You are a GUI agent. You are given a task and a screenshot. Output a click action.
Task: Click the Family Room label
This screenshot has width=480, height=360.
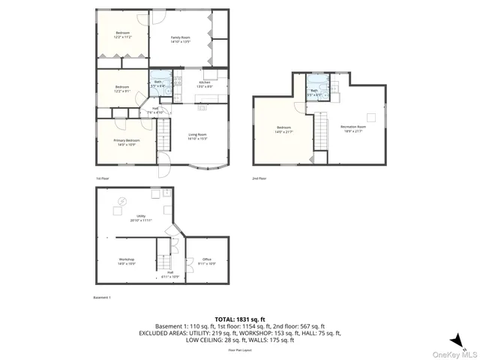click(x=181, y=39)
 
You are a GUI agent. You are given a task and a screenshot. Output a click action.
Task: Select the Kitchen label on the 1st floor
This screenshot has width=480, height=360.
click(x=204, y=84)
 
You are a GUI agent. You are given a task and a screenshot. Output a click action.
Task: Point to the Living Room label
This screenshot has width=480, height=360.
click(x=197, y=136)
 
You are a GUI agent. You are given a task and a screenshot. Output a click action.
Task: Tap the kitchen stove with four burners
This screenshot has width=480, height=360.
click(x=178, y=79)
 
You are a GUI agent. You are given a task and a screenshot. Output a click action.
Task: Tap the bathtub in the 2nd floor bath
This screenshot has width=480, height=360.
click(x=316, y=82)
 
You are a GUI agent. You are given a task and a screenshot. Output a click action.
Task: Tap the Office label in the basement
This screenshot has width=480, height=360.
click(x=207, y=261)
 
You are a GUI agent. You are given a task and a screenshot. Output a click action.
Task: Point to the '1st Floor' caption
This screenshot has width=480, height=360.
click(x=103, y=178)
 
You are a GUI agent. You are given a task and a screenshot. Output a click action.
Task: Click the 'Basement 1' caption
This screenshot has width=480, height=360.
click(x=102, y=298)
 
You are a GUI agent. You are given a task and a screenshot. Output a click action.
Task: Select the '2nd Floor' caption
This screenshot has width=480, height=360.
click(x=259, y=178)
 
